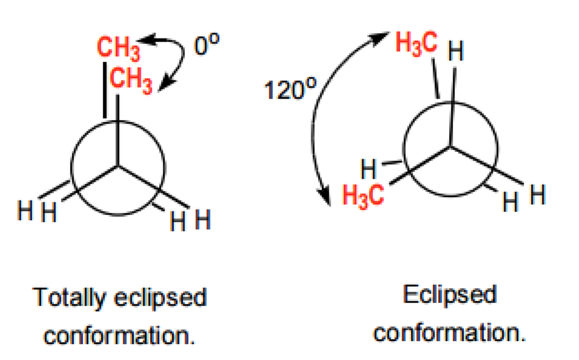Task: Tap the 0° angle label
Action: pos(206,47)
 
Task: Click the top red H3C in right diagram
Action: pos(416,44)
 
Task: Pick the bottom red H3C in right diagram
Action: pos(363,196)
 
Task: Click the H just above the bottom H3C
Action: pos(368,167)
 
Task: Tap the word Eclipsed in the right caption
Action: pos(449,295)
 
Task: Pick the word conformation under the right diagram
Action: pos(450,332)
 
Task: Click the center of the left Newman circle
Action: pos(118,166)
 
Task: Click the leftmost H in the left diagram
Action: pos(24,213)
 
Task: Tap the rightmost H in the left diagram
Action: pos(203,219)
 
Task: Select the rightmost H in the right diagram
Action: pos(537,197)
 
